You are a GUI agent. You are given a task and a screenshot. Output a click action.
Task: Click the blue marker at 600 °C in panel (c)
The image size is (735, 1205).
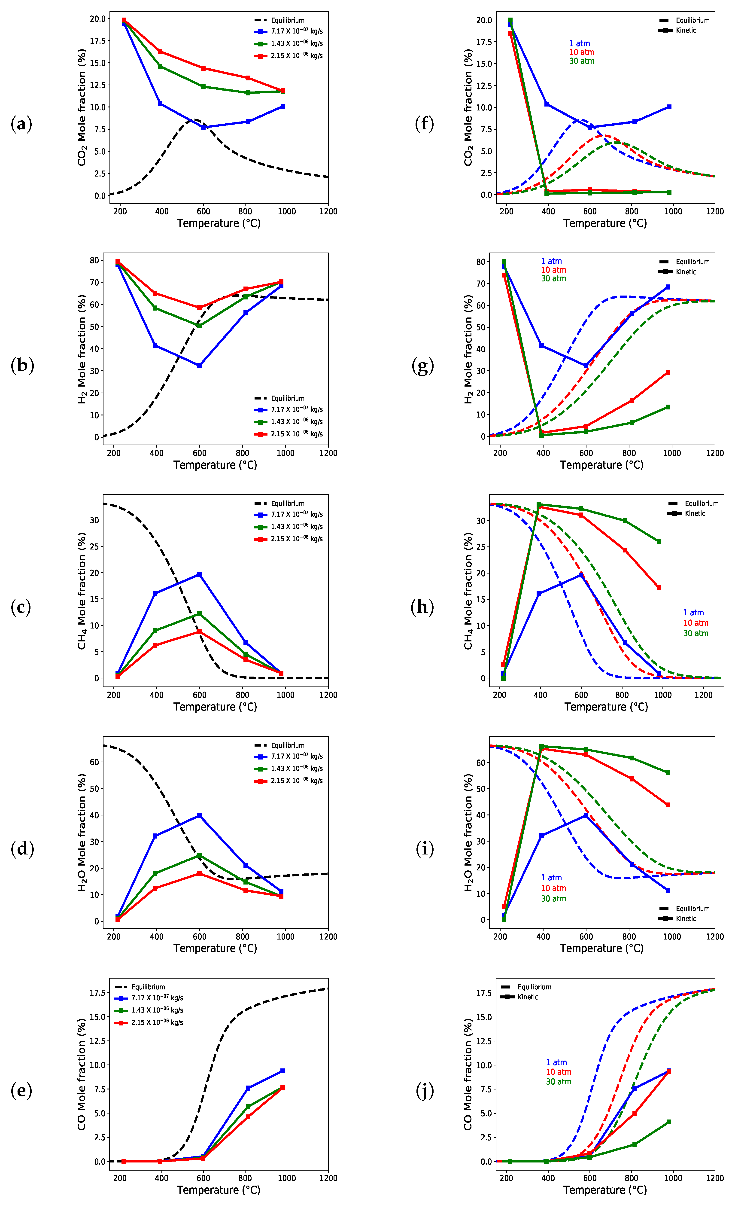point(199,575)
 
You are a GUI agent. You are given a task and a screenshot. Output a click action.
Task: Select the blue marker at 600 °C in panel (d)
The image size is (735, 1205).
point(199,816)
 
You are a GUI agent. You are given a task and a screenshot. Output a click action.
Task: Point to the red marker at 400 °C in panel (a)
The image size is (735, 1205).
point(160,51)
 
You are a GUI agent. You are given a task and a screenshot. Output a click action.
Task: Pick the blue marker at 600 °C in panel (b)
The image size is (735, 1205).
point(199,365)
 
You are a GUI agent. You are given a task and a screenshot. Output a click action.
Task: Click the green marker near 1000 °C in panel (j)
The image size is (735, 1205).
point(668,1122)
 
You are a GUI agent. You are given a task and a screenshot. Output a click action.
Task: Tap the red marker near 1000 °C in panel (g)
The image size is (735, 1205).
point(668,372)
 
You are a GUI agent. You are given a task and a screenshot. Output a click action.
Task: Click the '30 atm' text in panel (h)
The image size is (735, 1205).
point(696,633)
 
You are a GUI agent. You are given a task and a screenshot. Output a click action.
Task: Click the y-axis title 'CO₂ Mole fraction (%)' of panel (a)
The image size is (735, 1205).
point(82,108)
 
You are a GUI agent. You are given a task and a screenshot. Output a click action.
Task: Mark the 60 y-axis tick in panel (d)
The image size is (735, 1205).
point(94,762)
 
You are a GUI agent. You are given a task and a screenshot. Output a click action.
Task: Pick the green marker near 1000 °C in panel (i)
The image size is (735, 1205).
point(668,773)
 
